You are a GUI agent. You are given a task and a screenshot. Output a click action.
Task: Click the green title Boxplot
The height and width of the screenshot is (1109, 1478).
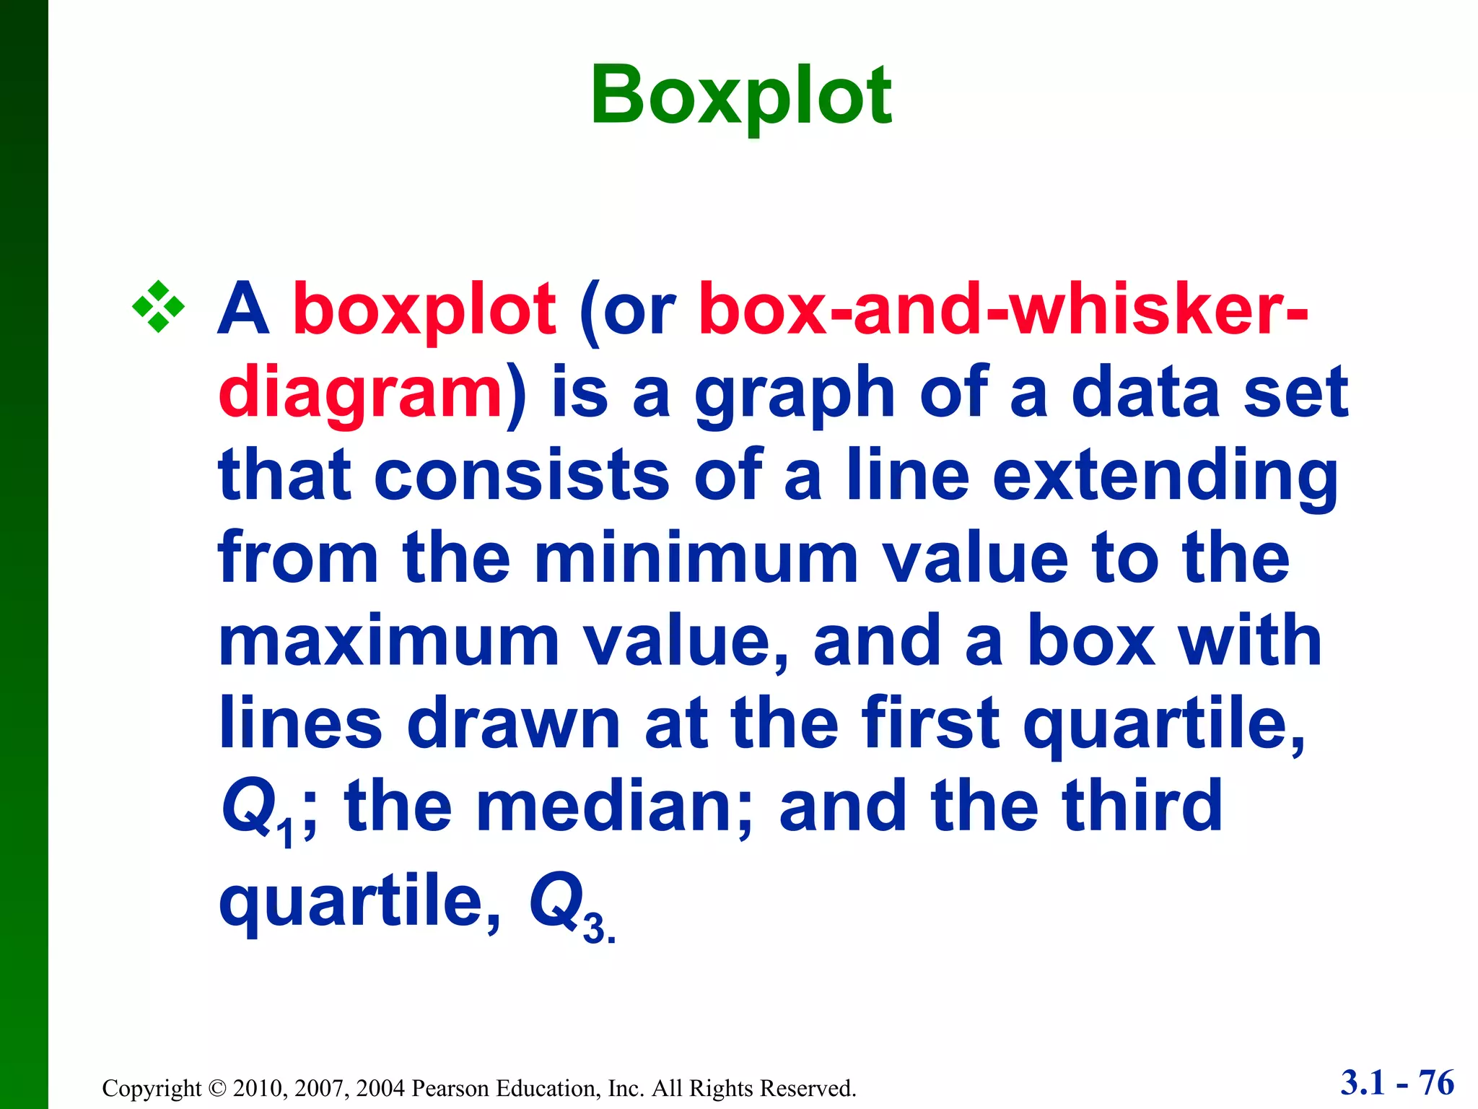pos(741,96)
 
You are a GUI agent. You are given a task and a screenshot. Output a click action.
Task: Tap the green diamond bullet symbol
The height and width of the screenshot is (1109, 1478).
pos(158,307)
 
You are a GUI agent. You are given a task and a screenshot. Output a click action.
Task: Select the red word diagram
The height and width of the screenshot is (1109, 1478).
pos(360,394)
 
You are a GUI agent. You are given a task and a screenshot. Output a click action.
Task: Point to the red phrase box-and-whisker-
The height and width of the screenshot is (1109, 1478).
pos(1003,309)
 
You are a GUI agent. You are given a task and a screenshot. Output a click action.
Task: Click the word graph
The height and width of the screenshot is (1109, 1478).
pos(795,394)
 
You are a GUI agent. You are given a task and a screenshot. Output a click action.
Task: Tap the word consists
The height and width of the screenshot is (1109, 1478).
pos(522,476)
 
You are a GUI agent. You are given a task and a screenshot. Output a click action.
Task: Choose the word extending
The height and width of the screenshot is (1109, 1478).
pos(1165,477)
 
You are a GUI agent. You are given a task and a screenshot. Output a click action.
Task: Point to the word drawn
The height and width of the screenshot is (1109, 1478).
pos(514,723)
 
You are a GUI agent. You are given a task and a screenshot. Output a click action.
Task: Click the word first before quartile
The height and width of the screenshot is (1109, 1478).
pos(930,723)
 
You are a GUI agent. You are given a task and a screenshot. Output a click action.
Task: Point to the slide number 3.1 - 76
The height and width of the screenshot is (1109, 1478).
pos(1397,1083)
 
